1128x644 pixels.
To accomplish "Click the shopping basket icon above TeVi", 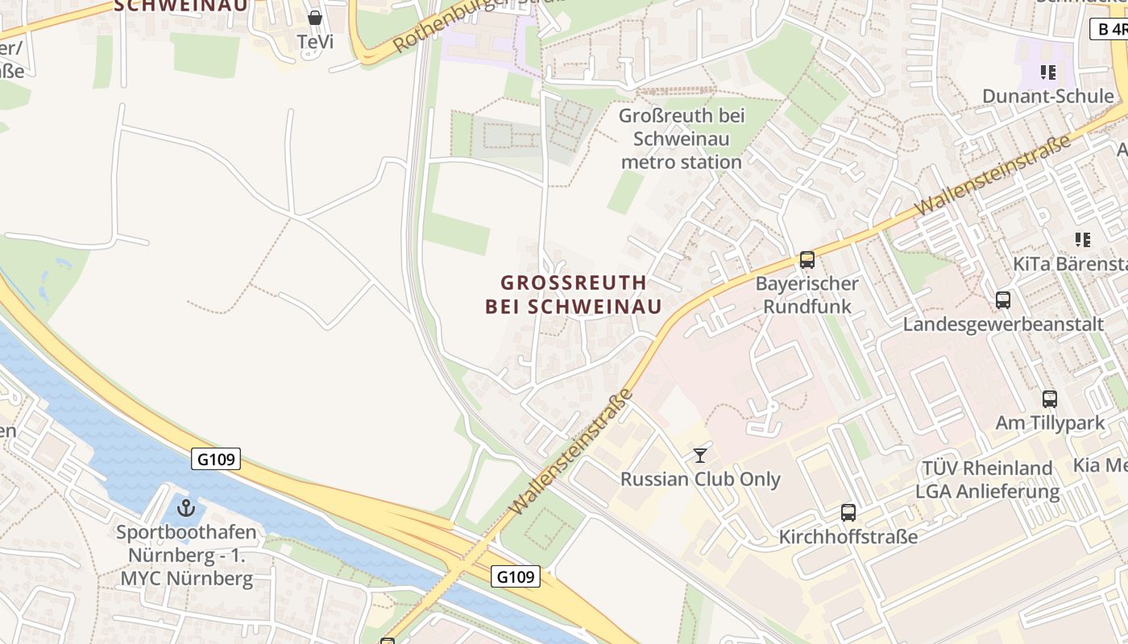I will [x=315, y=17].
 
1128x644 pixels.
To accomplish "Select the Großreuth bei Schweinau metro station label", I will [x=681, y=138].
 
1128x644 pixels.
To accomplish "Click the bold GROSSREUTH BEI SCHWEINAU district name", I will [x=574, y=295].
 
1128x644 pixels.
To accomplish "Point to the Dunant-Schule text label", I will [x=1047, y=97].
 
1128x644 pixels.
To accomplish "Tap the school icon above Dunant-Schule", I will [x=1047, y=72].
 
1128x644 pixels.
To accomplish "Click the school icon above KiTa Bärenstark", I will [x=1082, y=239].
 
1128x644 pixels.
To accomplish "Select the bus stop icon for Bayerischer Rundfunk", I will [x=807, y=260].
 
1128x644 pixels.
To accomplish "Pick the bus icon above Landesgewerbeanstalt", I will [x=1002, y=300].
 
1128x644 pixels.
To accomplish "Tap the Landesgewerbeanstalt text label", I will [x=1002, y=324].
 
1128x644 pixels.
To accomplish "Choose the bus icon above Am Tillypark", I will [x=1049, y=398].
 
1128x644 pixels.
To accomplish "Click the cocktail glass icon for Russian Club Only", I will [x=700, y=456].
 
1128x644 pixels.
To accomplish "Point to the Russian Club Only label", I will [x=700, y=480].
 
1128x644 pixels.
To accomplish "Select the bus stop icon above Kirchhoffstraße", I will [x=848, y=513].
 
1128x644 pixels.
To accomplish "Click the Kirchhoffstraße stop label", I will [x=848, y=537].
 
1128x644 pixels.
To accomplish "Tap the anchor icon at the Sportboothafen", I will [x=186, y=508].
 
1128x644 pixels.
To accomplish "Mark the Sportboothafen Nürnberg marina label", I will [x=186, y=555].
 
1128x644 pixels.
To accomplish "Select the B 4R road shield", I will [x=1110, y=30].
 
